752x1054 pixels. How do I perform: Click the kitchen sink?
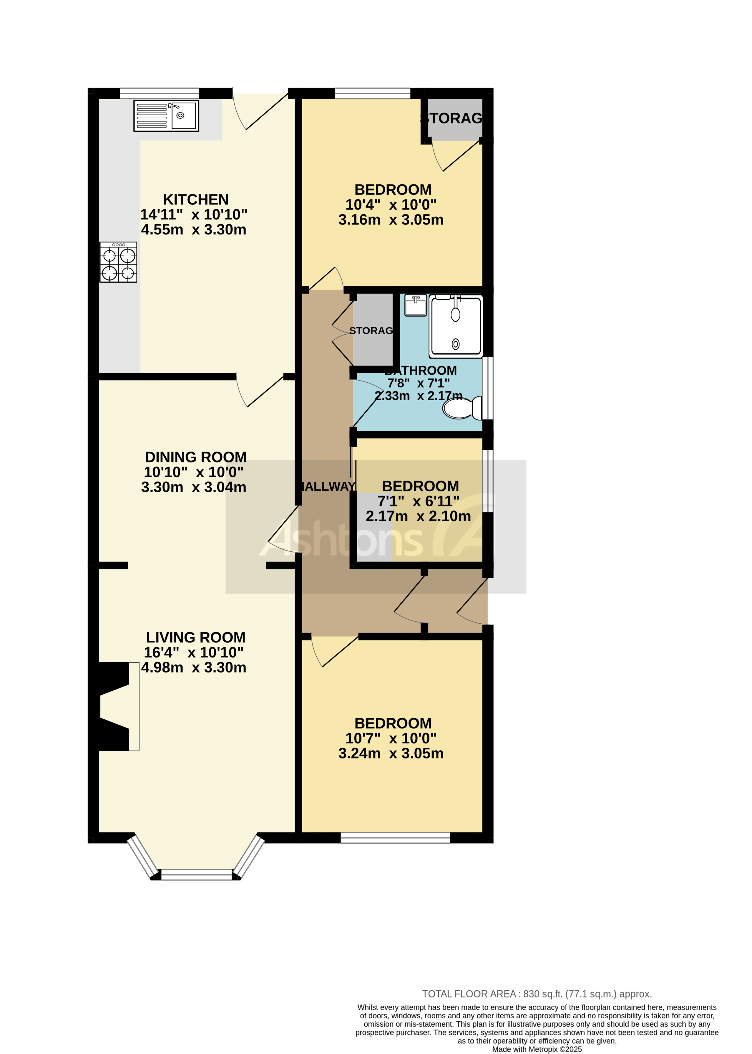[x=166, y=116]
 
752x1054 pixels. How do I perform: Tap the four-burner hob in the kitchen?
[x=118, y=262]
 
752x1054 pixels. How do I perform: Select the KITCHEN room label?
[x=195, y=199]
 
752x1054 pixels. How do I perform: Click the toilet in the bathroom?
[x=462, y=408]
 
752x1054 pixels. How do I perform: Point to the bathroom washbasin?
[x=415, y=305]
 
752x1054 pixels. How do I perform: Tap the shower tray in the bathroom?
[x=456, y=326]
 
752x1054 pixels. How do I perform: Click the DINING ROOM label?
[x=195, y=457]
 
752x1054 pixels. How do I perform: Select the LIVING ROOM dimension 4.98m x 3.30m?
[x=194, y=668]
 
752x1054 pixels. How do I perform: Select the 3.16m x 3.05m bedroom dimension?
[x=391, y=220]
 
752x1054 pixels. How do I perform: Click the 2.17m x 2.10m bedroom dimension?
[x=418, y=516]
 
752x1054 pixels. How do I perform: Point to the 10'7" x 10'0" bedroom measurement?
[x=391, y=738]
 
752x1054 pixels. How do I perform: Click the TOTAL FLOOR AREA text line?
[x=537, y=994]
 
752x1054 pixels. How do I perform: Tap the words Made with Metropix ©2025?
[x=537, y=1049]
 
